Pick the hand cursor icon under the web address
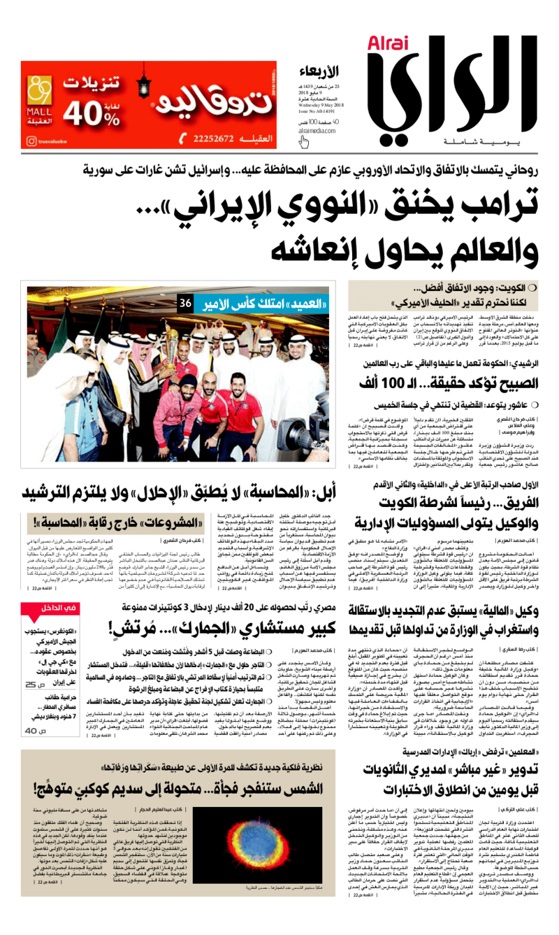[305, 142]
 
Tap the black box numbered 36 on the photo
[185, 304]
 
